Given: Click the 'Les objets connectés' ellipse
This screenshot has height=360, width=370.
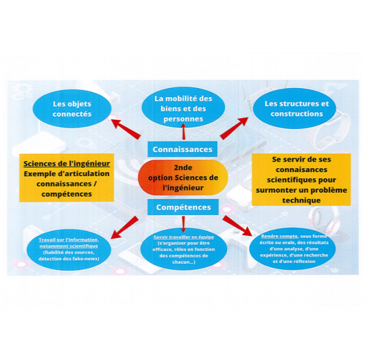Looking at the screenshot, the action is (72, 109).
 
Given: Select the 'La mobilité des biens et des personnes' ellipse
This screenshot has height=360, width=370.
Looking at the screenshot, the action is (183, 108).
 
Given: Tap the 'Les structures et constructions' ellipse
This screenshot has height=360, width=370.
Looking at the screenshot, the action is (294, 108).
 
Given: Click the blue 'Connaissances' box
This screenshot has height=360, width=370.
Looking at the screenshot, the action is (183, 149).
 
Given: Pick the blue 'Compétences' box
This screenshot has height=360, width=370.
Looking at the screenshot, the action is (183, 207).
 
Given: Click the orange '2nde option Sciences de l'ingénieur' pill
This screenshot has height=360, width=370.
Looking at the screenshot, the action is (183, 178).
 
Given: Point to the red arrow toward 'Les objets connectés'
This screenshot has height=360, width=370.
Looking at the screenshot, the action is (126, 129).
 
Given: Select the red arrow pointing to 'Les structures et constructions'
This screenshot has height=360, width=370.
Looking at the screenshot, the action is (234, 128).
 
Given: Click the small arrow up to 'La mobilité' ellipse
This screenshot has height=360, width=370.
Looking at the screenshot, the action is (183, 131).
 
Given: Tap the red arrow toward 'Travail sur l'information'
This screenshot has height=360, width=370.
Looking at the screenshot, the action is (124, 227).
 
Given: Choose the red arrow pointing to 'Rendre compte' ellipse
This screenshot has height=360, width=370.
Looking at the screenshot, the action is (238, 226).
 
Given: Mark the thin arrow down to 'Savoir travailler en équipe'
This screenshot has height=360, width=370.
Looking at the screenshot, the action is (183, 225).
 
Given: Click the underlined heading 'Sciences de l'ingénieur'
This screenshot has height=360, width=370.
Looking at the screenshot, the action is (66, 163).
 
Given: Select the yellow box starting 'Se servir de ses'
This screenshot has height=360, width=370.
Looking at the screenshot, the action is (301, 179).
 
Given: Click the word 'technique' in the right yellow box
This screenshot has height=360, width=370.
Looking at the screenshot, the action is (301, 200).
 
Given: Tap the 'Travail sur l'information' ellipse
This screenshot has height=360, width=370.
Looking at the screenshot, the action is (69, 249).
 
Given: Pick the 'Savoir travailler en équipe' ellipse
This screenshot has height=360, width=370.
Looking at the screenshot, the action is (184, 249).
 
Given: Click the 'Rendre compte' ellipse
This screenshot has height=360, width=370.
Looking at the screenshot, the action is (293, 249).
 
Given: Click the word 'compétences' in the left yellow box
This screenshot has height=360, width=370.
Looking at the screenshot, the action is (67, 194).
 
